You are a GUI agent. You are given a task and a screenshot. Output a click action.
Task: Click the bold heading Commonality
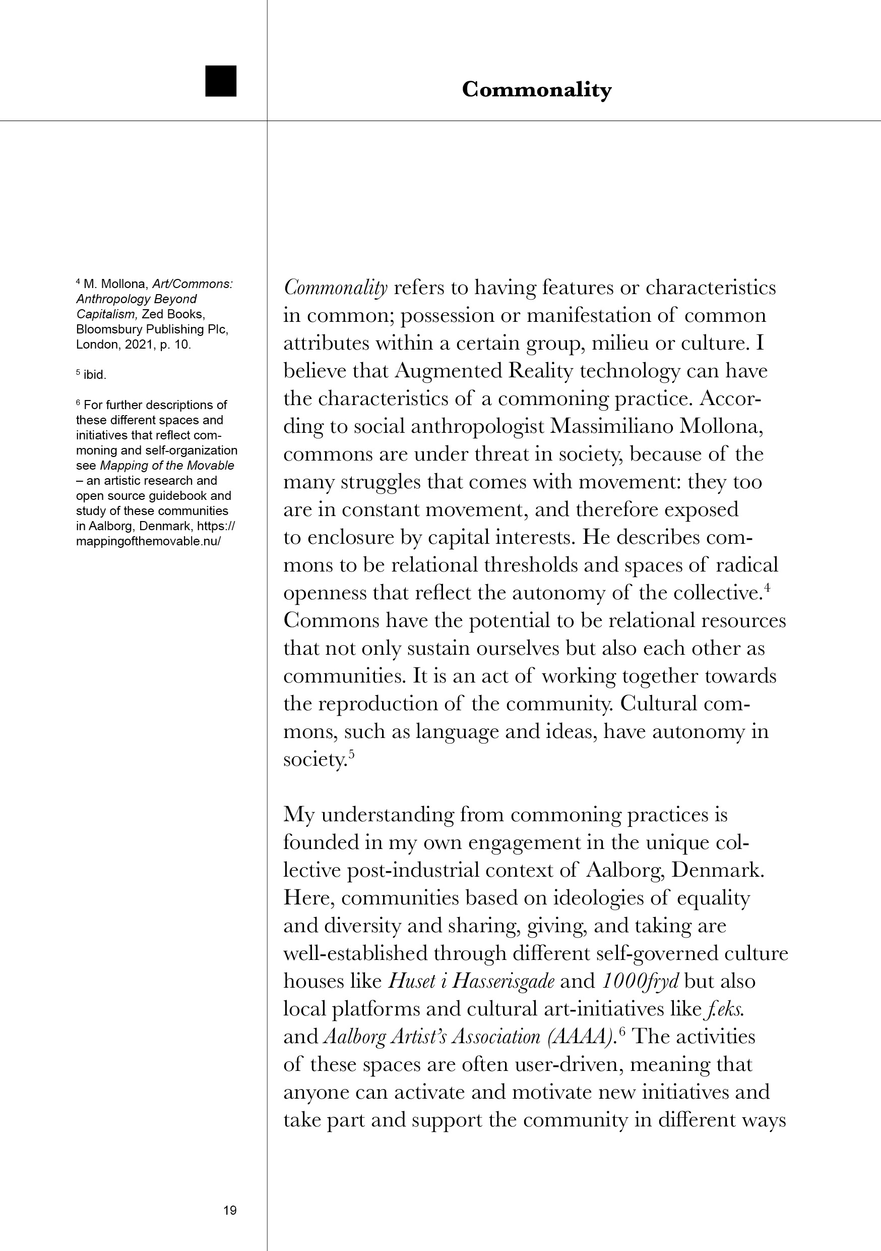[536, 89]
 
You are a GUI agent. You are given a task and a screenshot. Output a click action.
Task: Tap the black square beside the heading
[221, 81]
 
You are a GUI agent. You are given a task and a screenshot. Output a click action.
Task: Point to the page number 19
[230, 1210]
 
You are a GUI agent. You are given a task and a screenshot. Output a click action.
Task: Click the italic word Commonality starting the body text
[335, 288]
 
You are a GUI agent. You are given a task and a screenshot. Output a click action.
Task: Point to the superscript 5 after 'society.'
[351, 754]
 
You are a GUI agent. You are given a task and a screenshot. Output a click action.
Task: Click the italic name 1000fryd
[640, 981]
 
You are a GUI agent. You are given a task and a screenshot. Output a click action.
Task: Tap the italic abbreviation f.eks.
[725, 1009]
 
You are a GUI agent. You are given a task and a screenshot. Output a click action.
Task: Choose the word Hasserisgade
[503, 981]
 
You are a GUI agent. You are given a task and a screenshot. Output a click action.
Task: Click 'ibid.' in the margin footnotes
[95, 375]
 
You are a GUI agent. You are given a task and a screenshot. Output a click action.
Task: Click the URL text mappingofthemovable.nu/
[148, 542]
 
